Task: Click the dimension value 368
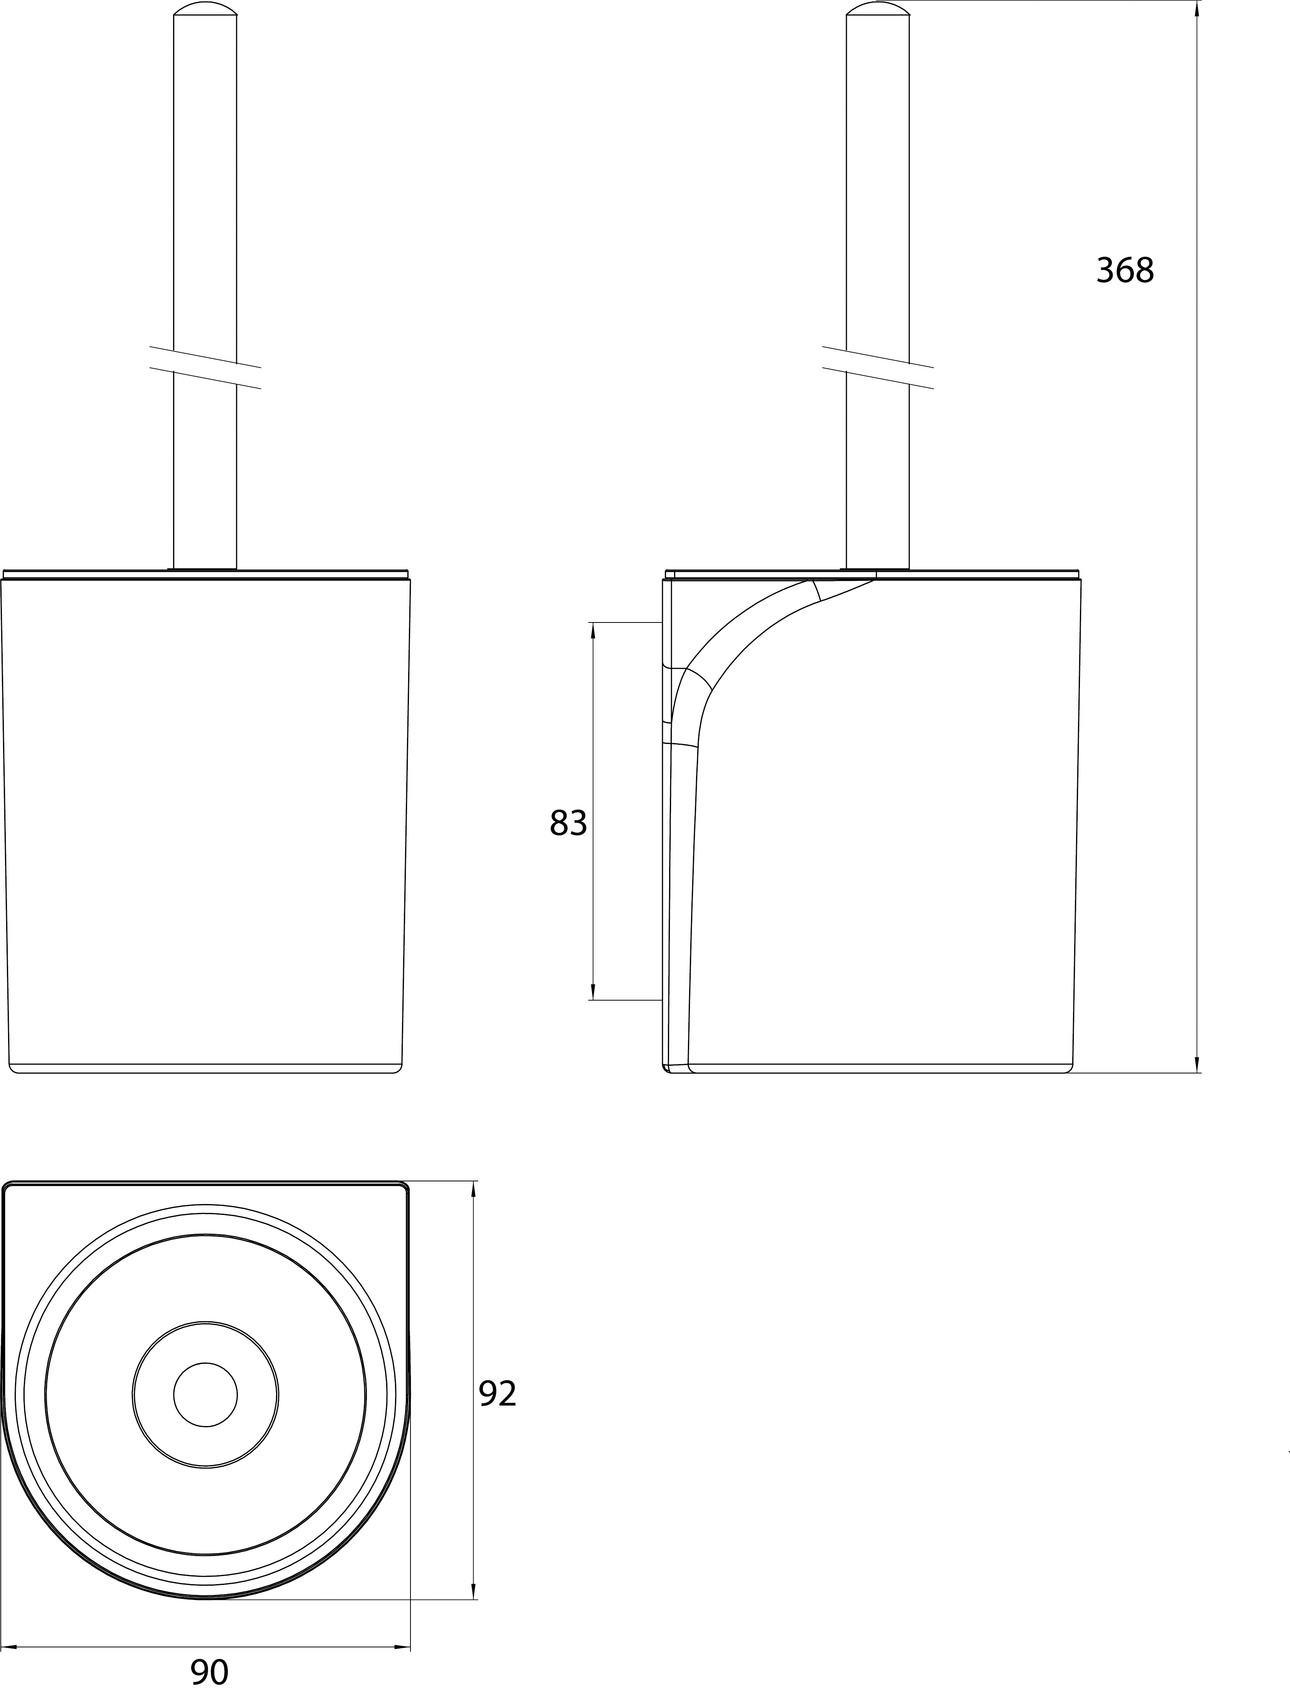point(1125,270)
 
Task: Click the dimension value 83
point(568,823)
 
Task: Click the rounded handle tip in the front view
point(205,8)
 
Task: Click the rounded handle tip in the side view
point(878,8)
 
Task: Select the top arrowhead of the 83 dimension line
point(593,630)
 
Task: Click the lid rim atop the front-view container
point(206,574)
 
